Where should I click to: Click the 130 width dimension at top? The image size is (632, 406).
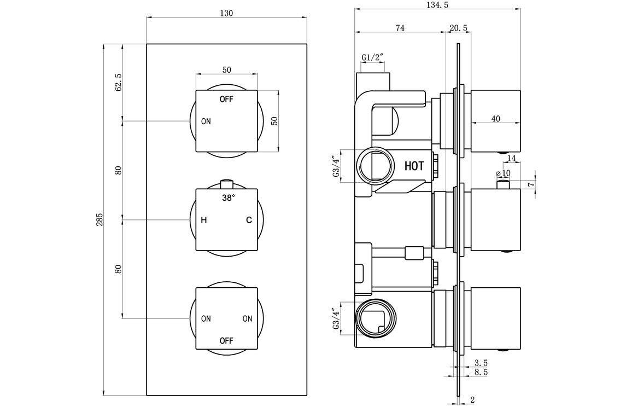coord(226,14)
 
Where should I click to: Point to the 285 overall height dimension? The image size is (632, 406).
coord(100,219)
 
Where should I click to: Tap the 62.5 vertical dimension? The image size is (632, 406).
coord(118,82)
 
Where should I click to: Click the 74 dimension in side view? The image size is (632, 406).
coord(399,28)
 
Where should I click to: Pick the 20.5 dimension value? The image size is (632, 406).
coord(458,28)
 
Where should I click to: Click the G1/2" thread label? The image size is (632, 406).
coord(372,57)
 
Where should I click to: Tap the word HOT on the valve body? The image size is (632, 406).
coord(414,166)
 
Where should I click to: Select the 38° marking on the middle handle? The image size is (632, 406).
coord(228,198)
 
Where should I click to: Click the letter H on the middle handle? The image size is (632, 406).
coord(203,221)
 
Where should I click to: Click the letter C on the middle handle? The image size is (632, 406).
coord(249,221)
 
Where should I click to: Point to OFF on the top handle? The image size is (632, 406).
coord(226,100)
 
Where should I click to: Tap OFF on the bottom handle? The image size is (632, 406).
coord(226,341)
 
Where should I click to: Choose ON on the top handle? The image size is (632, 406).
coord(206,121)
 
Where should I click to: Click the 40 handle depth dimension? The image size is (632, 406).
coord(495,119)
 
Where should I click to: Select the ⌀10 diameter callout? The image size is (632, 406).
coord(503,173)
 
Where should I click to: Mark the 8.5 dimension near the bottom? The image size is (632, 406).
coord(481,372)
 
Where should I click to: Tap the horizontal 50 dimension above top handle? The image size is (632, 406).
coord(226,69)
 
